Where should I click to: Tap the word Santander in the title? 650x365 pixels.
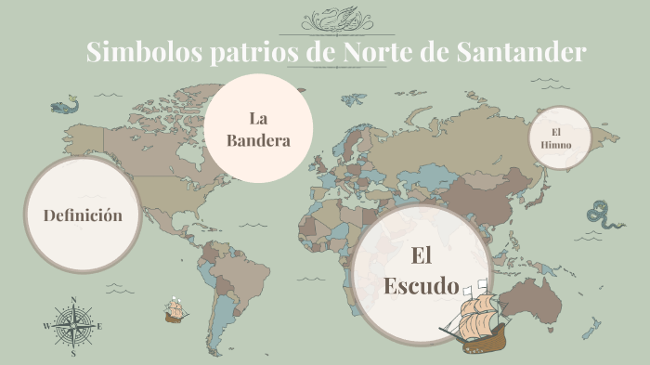(x=522, y=52)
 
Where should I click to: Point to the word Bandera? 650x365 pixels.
(x=258, y=141)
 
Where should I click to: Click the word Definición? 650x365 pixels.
(x=83, y=215)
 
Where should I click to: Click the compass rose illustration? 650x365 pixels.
(x=72, y=326)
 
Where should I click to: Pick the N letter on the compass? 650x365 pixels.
(x=72, y=300)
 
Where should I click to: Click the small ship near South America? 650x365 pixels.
(x=174, y=310)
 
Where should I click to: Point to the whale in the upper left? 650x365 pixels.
(x=63, y=106)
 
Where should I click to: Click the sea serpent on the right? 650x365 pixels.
(x=605, y=216)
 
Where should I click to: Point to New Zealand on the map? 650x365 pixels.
(x=591, y=329)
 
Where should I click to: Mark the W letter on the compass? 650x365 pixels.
(x=45, y=327)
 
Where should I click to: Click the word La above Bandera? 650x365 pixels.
(x=258, y=118)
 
